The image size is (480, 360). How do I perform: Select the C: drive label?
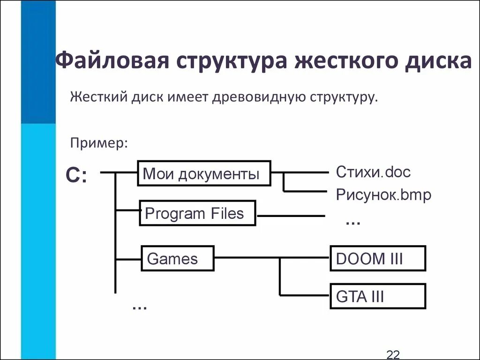76,175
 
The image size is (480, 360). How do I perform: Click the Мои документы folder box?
204,174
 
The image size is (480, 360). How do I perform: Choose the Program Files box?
198,214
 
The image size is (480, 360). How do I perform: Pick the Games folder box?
178,258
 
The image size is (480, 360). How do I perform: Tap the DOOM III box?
378,259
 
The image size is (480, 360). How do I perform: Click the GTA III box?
378,296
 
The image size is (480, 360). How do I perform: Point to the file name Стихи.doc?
373,172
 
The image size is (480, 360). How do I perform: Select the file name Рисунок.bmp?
383,195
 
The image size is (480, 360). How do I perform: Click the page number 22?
392,354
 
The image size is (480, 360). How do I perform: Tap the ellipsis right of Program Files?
352,221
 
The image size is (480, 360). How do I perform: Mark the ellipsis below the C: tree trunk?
139,307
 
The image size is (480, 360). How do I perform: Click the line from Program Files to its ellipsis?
291,216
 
